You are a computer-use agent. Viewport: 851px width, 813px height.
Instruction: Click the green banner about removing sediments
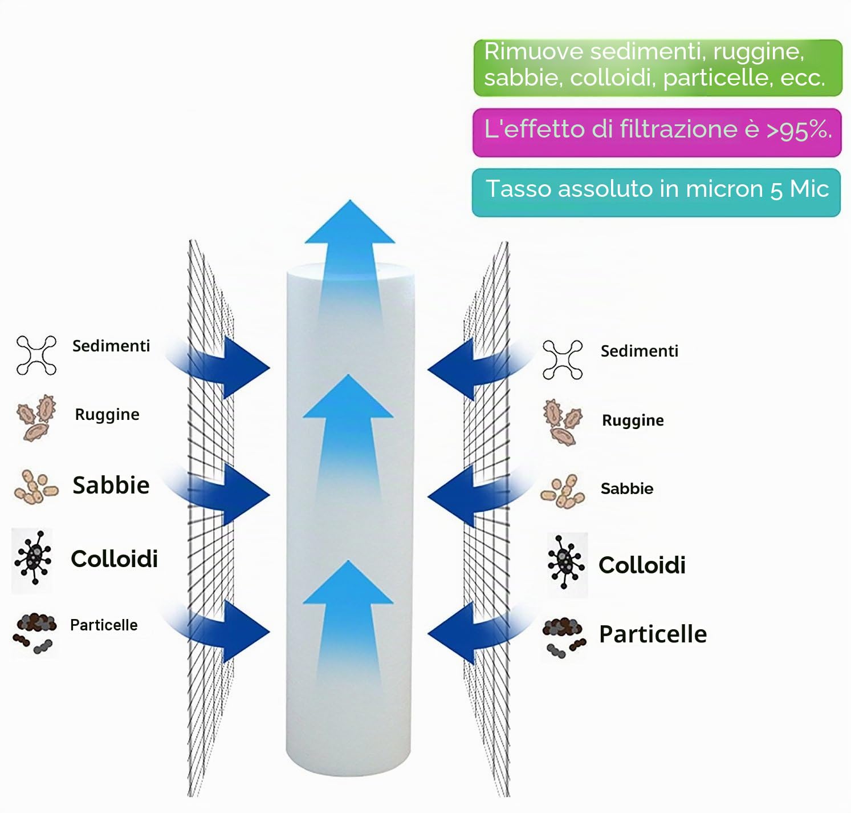(658, 68)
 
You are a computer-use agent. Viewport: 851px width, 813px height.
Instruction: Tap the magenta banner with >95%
(657, 132)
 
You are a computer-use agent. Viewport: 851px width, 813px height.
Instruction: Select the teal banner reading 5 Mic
(656, 192)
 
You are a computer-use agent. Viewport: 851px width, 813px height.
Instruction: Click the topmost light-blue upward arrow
(350, 260)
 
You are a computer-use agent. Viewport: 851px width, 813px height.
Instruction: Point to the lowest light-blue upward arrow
(348, 624)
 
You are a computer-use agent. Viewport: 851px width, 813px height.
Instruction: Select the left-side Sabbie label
(111, 485)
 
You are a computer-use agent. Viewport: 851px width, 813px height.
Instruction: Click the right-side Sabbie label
(627, 488)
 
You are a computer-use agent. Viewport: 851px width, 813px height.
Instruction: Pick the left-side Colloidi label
(114, 559)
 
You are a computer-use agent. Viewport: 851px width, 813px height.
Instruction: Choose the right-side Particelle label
(653, 634)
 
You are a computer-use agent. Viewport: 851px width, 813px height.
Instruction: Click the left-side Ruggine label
(107, 415)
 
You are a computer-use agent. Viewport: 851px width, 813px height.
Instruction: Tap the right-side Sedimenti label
(640, 351)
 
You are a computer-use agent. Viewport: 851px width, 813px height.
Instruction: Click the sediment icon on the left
(36, 355)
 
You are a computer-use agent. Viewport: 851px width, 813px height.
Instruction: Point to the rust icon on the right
(562, 423)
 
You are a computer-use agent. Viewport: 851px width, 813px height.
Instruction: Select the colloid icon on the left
(33, 558)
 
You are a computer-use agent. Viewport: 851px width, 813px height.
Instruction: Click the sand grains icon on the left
(36, 487)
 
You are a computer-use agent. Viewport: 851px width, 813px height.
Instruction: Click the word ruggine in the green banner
(758, 52)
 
